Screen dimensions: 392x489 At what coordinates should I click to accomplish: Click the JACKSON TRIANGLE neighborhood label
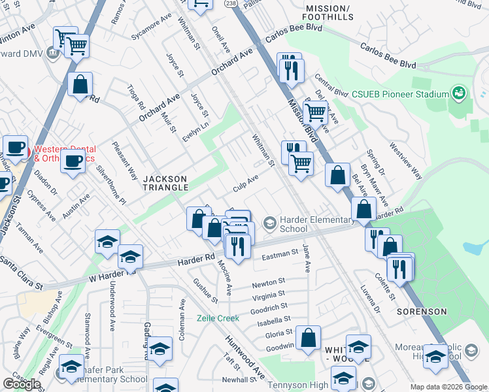(x=165, y=184)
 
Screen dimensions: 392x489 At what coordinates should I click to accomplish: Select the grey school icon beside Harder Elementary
(x=269, y=224)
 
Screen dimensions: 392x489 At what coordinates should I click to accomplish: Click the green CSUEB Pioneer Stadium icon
(x=460, y=93)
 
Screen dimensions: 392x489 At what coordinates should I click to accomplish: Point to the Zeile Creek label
(x=219, y=318)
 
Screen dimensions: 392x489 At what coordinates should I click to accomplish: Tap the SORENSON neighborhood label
(x=426, y=312)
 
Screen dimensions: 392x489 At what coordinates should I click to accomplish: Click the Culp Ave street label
(x=246, y=183)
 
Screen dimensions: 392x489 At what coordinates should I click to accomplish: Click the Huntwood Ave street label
(x=245, y=358)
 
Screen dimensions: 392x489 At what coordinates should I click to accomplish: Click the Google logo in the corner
(x=22, y=384)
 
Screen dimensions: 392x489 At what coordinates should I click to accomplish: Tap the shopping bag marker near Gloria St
(x=308, y=338)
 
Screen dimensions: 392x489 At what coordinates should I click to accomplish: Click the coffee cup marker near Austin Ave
(x=73, y=159)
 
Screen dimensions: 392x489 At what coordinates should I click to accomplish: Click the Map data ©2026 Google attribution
(x=448, y=387)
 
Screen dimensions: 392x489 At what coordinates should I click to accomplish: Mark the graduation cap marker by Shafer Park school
(x=72, y=366)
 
